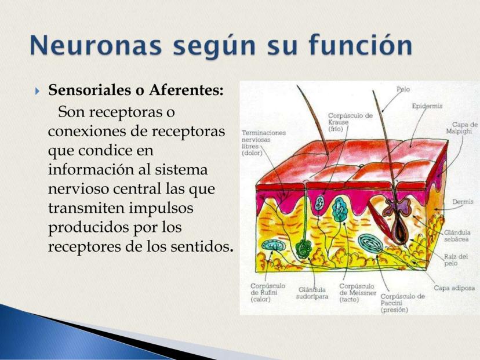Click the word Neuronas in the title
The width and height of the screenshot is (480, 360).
coord(96,45)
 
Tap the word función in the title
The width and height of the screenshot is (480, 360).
coord(361,45)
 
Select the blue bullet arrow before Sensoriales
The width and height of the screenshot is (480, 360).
coord(37,91)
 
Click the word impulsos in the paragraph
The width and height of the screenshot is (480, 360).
coord(161,209)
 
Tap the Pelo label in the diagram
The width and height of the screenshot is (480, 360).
coord(403,89)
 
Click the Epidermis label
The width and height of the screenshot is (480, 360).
coord(427,106)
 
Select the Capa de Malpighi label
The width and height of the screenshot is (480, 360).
coord(461,128)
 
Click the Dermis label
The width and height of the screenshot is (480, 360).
coord(463,202)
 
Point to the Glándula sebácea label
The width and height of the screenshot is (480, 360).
coord(457,236)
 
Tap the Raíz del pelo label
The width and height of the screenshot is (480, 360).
coord(456,260)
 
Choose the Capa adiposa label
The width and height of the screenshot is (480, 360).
coord(454,288)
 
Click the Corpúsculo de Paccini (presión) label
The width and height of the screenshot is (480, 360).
coord(402,303)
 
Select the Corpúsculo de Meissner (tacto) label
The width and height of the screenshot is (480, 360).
coord(358,293)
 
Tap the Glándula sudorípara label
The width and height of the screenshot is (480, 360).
coord(312,293)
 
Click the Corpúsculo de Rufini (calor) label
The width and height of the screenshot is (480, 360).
coord(268,292)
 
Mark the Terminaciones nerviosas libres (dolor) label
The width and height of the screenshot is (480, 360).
coord(264,143)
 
